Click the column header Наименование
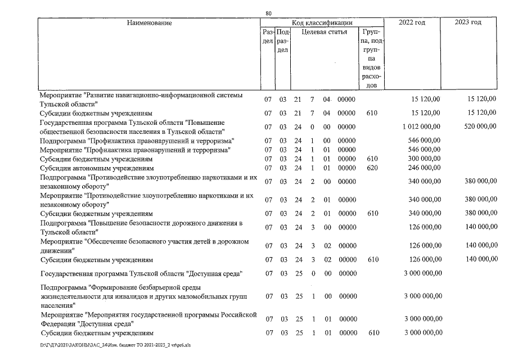pyautogui.click(x=149, y=23)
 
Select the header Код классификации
pyautogui.click(x=322, y=23)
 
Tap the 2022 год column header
pyautogui.click(x=412, y=23)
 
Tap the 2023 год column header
pyautogui.click(x=468, y=23)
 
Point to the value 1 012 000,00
pyautogui.click(x=421, y=127)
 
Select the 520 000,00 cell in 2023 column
pyautogui.click(x=478, y=127)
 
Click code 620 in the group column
pyautogui.click(x=371, y=168)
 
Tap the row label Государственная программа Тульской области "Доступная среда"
pyautogui.click(x=141, y=274)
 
